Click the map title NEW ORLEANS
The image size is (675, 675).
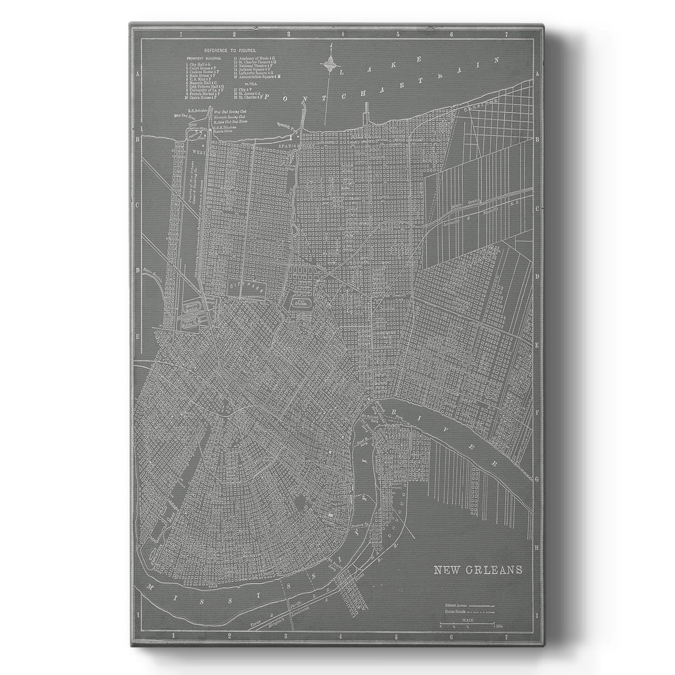click(x=478, y=569)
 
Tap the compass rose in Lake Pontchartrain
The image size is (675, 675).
click(x=329, y=65)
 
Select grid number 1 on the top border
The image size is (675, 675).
click(x=181, y=35)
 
